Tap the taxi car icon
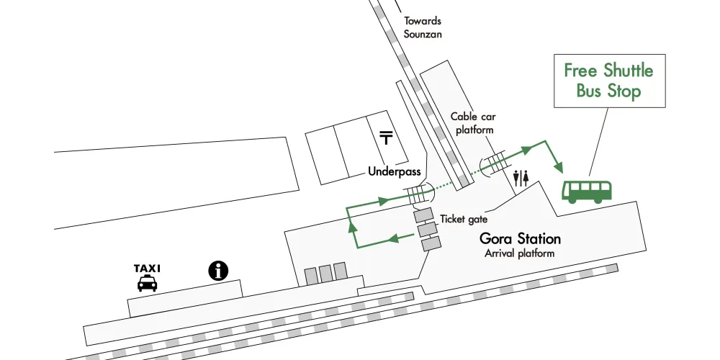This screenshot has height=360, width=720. click(x=148, y=283)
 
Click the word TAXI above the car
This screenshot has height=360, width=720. click(x=147, y=268)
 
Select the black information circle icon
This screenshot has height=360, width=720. click(x=218, y=271)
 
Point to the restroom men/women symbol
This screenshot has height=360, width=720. click(x=521, y=178)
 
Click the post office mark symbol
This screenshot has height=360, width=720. click(x=386, y=138)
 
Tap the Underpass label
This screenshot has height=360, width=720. click(x=395, y=172)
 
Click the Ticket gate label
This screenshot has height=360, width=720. click(x=464, y=219)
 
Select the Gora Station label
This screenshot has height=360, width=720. click(x=521, y=239)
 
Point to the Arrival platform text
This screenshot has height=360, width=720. click(x=519, y=253)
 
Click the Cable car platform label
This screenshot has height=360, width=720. click(x=474, y=123)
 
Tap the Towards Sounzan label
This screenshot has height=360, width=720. click(x=423, y=27)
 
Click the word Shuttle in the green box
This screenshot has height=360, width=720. click(x=628, y=71)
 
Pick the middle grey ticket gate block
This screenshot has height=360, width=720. click(x=426, y=229)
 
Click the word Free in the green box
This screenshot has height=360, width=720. click(x=580, y=71)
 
